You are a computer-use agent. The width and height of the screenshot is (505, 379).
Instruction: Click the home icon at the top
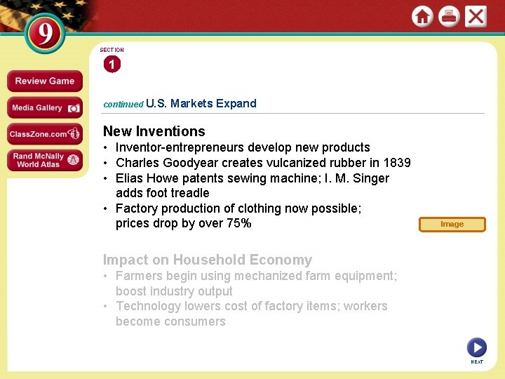pyautogui.click(x=422, y=16)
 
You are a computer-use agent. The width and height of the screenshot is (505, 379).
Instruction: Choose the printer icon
pyautogui.click(x=449, y=16)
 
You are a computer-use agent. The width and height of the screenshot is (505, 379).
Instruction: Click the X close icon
pyautogui.click(x=476, y=16)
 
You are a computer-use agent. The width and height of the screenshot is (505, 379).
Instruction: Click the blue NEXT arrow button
pyautogui.click(x=476, y=347)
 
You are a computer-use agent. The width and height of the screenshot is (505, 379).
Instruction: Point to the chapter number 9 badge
pyautogui.click(x=46, y=34)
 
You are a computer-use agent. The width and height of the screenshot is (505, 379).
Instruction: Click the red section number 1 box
pyautogui.click(x=112, y=65)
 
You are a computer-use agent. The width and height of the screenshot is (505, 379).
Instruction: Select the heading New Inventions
pyautogui.click(x=154, y=131)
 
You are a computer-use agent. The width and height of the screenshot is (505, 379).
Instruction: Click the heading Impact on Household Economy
pyautogui.click(x=208, y=260)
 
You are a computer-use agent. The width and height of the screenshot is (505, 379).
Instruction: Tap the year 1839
pyautogui.click(x=396, y=163)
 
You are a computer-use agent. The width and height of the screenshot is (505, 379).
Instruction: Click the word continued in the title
pyautogui.click(x=123, y=104)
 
